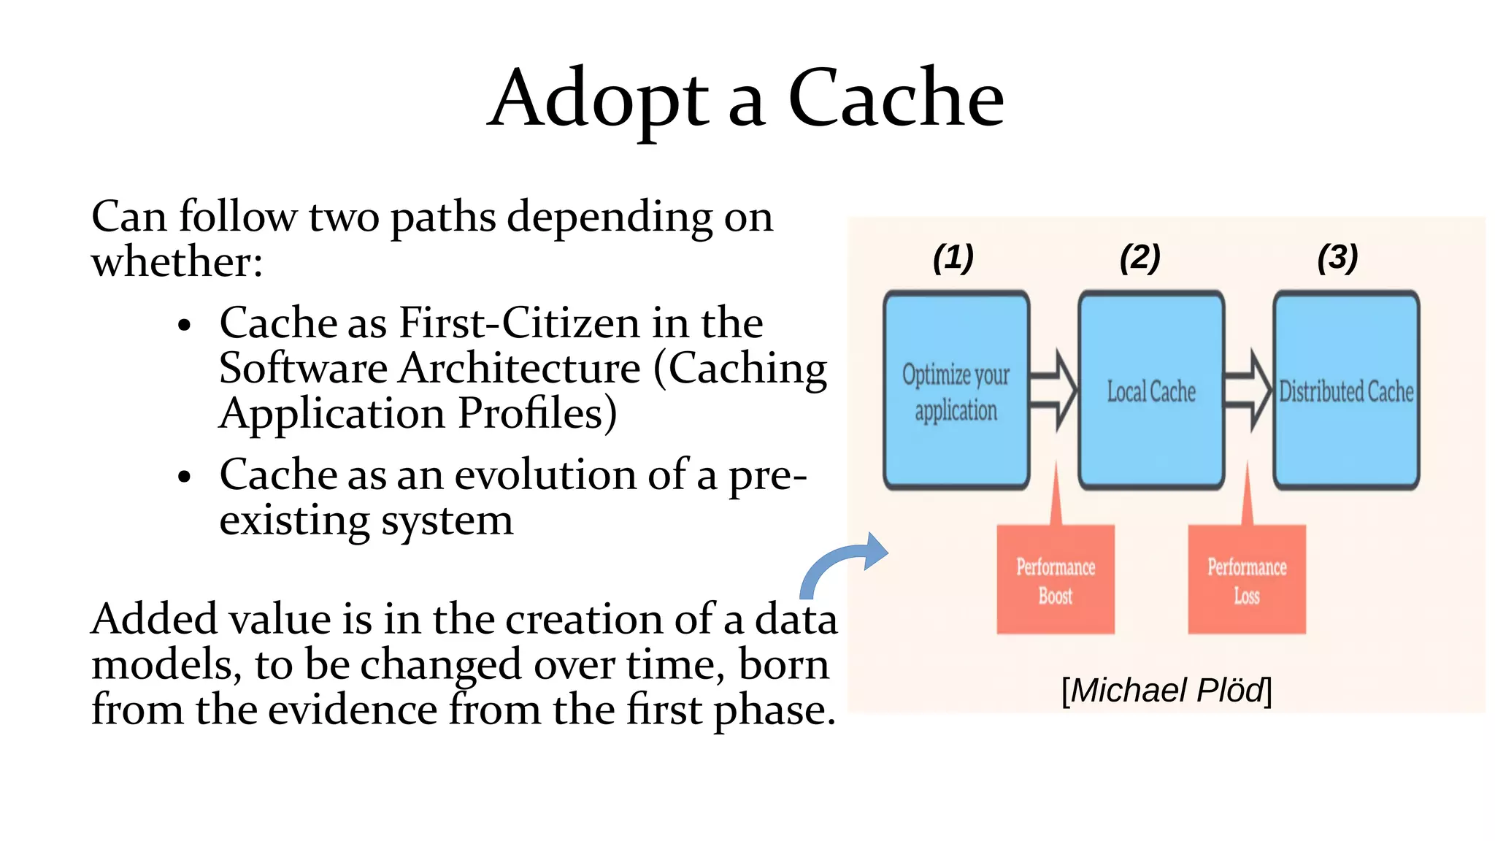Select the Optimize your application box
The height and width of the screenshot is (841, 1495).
coord(956,391)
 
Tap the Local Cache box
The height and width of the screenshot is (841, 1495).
coord(1150,391)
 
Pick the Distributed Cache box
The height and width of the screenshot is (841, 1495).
coord(1346,391)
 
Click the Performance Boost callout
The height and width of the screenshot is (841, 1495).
coord(1056,580)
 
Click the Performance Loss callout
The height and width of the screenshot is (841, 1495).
coord(1246,580)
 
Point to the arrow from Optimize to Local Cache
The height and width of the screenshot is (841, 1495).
coord(1054,391)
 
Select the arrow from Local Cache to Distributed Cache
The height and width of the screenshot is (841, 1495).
coord(1249,391)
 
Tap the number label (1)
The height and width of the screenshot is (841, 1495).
coord(953,258)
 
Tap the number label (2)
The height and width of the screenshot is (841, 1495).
coord(1139,258)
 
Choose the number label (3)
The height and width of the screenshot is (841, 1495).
coord(1337,258)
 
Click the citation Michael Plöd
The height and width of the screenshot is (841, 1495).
coord(1166,691)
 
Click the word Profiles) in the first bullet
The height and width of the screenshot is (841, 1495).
coord(537,414)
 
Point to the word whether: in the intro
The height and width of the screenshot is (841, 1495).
coord(177,262)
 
